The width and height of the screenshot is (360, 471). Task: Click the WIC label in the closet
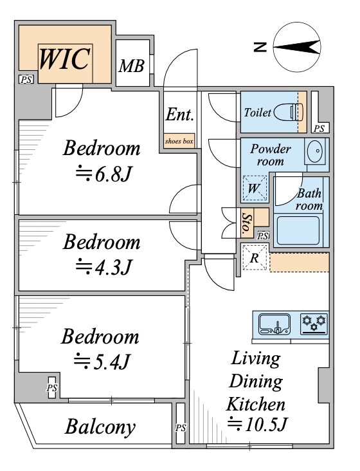64,59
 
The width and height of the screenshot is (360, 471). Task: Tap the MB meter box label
132,66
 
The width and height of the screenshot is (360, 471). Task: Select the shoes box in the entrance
179,140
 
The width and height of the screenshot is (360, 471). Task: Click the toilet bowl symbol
289,112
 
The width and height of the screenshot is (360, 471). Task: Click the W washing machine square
255,189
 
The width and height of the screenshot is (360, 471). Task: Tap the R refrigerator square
255,257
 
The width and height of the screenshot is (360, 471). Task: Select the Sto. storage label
247,223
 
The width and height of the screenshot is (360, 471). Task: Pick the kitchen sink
274,324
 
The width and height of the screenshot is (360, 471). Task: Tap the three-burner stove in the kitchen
314,324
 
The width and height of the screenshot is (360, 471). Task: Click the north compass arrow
296,47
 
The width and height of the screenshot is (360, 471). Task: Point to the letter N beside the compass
260,47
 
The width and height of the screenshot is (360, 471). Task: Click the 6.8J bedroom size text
104,174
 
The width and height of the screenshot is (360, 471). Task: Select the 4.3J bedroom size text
104,266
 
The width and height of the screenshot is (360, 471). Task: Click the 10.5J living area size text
258,424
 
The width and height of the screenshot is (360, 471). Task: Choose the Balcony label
100,427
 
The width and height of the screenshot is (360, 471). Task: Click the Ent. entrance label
180,115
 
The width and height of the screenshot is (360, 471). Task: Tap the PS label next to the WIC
26,80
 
